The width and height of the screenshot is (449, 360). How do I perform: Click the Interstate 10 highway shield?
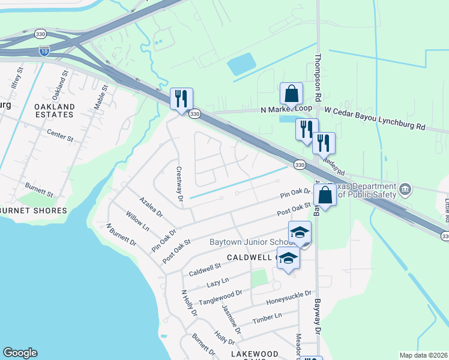coord(44,52)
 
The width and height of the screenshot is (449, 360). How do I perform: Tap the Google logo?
coord(20,353)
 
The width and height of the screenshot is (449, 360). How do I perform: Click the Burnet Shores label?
coord(33,211)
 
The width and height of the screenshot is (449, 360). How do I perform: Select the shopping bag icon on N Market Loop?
coord(291,95)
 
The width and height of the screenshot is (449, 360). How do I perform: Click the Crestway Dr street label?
coord(179,183)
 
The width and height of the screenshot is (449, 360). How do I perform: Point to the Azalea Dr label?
coord(151,206)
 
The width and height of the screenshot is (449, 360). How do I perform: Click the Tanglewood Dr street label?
coord(220,297)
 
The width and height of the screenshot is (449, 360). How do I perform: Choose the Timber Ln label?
coord(267,317)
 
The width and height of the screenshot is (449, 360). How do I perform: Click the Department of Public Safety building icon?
coord(405,190)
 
